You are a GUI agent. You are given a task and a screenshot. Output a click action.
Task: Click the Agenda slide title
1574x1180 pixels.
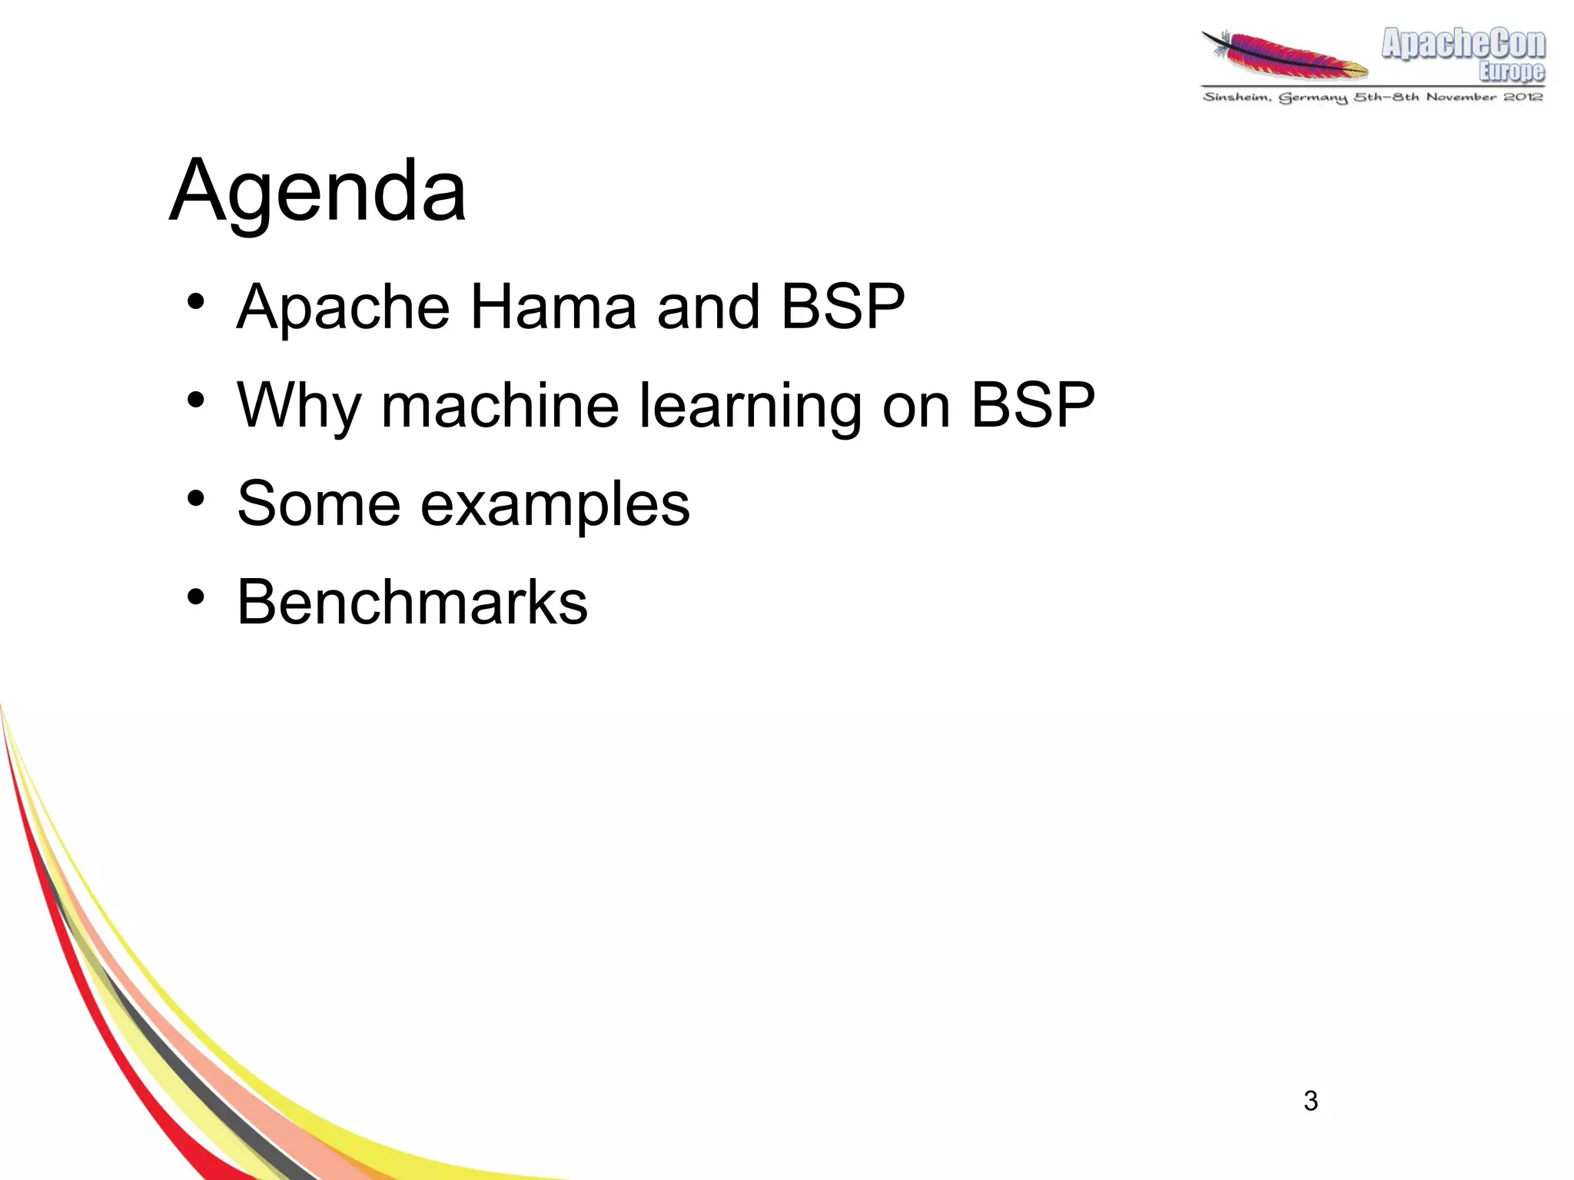pos(317,190)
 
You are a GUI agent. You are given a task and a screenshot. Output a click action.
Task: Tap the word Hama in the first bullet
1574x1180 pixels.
pos(553,307)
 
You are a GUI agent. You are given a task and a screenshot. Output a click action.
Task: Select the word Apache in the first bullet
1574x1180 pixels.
pos(343,307)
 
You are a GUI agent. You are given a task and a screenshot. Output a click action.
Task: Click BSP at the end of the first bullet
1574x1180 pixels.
pos(842,307)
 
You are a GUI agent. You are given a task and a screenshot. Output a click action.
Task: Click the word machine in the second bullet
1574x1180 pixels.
pos(500,406)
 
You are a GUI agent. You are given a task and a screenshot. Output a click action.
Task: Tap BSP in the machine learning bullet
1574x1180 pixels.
pos(1032,405)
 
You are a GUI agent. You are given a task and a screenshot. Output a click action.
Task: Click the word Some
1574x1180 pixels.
pos(318,504)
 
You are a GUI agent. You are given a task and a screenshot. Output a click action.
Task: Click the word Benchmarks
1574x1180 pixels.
pos(412,603)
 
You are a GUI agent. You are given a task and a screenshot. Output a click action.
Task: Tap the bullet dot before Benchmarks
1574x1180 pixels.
pos(196,597)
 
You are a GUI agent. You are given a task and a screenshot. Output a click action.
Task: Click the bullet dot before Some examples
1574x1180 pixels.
pos(196,498)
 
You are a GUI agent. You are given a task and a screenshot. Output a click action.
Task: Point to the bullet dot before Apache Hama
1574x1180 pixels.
pos(196,301)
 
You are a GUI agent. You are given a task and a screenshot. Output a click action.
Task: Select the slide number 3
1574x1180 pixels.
pos(1310,1101)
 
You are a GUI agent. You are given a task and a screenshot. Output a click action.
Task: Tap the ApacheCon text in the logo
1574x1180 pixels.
pos(1463,44)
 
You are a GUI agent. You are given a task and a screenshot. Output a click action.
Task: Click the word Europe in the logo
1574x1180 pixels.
pos(1511,71)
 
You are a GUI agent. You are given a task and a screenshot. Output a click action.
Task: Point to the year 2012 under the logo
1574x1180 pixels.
pos(1523,97)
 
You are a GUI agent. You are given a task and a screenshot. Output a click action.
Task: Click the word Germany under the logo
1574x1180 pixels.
pos(1313,98)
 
